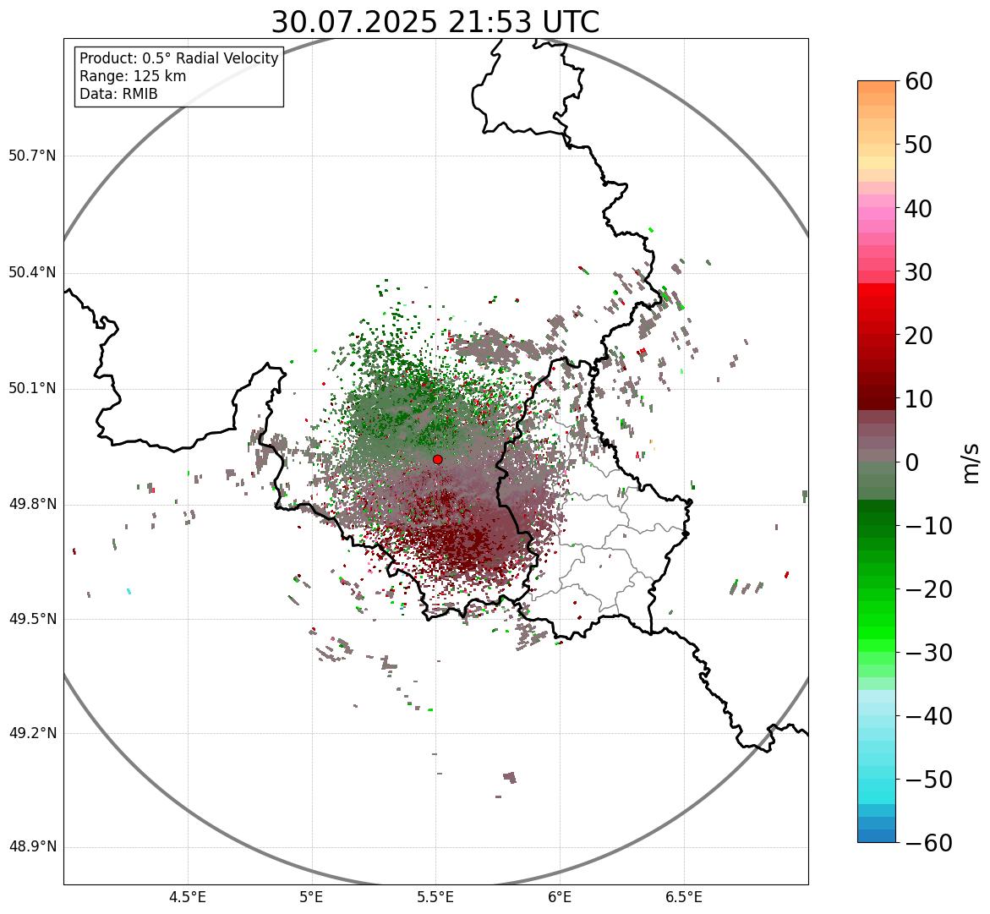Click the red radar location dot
pos(438,459)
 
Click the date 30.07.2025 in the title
pos(354,22)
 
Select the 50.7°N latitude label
pos(32,156)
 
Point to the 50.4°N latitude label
pos(32,273)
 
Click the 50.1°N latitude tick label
pos(32,389)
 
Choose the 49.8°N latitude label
pos(32,505)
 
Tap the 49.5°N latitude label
pos(32,619)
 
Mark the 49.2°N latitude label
pos(32,733)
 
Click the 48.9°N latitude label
pos(32,847)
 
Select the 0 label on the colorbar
pos(912,462)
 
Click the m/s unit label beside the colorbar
pos(971,462)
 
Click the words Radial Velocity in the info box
pos(227,58)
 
